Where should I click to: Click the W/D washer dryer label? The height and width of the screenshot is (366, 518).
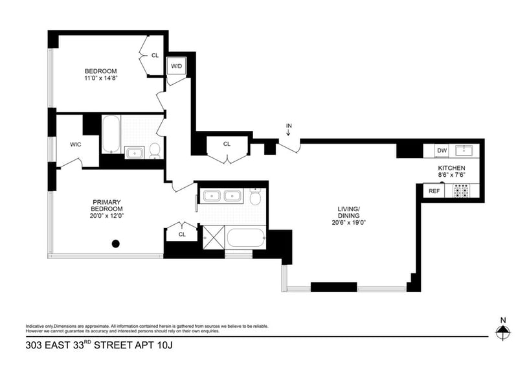176,67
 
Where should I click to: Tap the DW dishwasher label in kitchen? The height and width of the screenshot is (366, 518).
442,151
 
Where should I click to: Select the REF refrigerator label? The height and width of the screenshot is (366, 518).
434,191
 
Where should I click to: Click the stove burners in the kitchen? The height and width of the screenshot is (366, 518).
461,191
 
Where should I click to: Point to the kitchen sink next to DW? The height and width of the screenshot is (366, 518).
464,151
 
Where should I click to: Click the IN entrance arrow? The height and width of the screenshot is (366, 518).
288,129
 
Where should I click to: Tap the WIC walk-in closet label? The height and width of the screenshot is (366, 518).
75,144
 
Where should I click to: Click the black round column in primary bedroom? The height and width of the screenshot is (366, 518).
116,244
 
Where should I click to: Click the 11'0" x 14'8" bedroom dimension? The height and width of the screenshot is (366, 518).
100,78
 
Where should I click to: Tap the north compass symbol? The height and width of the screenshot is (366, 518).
502,332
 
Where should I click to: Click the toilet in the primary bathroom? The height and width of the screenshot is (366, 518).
256,197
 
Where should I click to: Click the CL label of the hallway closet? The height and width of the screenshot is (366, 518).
227,144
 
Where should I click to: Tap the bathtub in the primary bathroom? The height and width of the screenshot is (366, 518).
246,238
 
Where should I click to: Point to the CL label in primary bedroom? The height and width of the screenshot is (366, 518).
182,234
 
